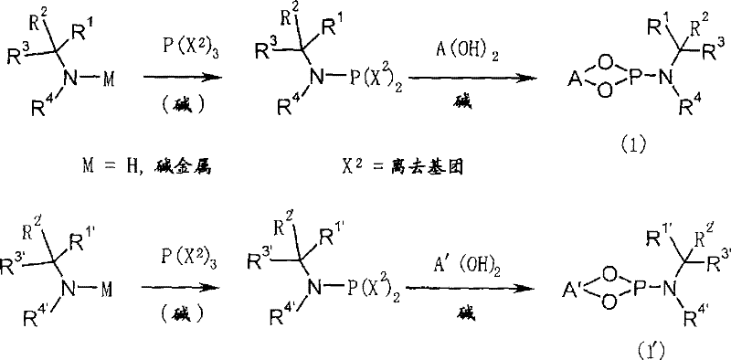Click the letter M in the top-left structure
110,79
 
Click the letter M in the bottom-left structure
110,286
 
